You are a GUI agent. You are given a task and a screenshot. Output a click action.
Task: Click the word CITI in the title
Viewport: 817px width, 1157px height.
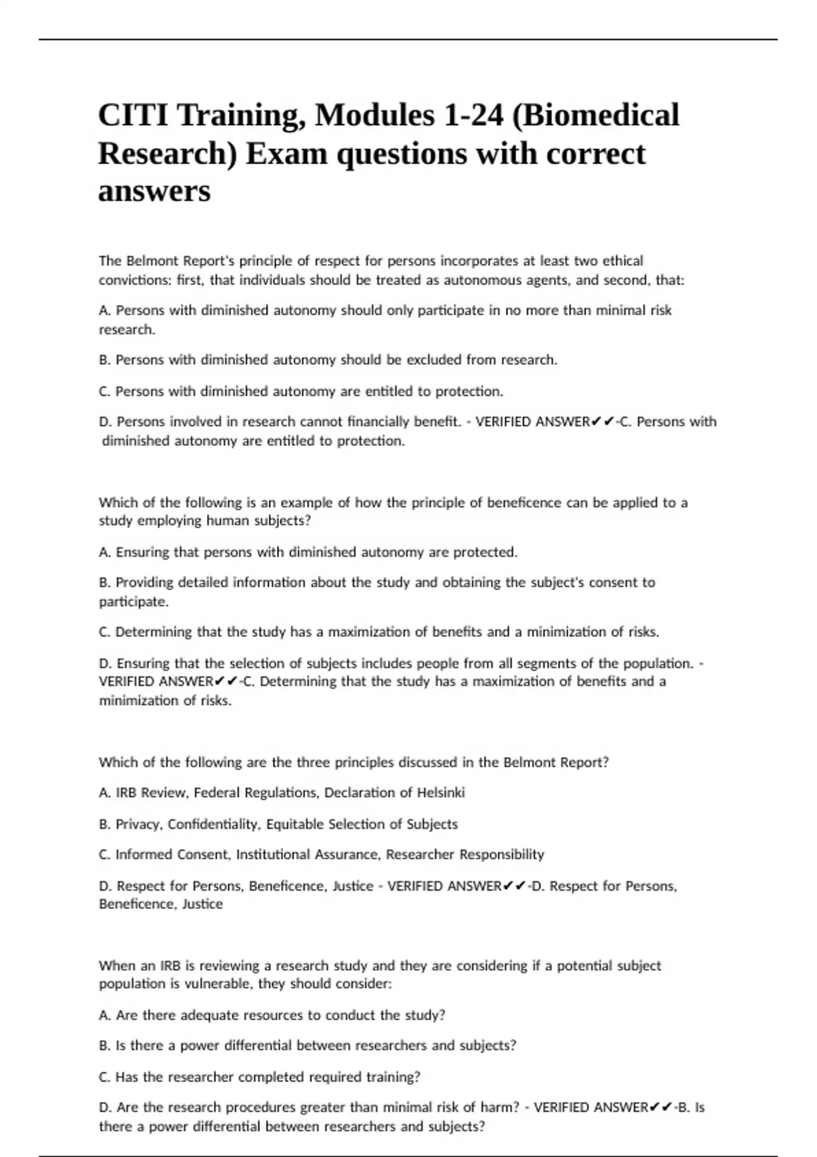coord(132,115)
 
